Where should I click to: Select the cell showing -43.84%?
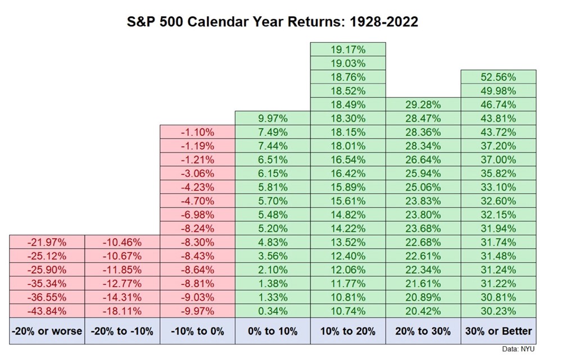click(47, 311)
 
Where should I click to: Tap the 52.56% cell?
click(498, 77)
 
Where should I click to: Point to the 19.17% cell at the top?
click(347, 49)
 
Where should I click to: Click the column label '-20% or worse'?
click(47, 331)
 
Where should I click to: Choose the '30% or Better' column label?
click(498, 331)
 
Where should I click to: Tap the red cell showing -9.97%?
click(197, 311)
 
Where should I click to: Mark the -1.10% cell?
click(197, 132)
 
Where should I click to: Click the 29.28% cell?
click(423, 105)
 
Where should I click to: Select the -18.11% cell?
click(122, 311)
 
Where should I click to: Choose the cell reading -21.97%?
click(47, 242)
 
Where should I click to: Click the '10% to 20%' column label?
click(347, 331)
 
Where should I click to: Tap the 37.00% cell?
click(498, 160)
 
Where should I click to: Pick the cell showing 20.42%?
click(423, 311)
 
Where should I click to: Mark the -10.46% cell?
click(122, 242)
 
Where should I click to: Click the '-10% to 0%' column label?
click(197, 331)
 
